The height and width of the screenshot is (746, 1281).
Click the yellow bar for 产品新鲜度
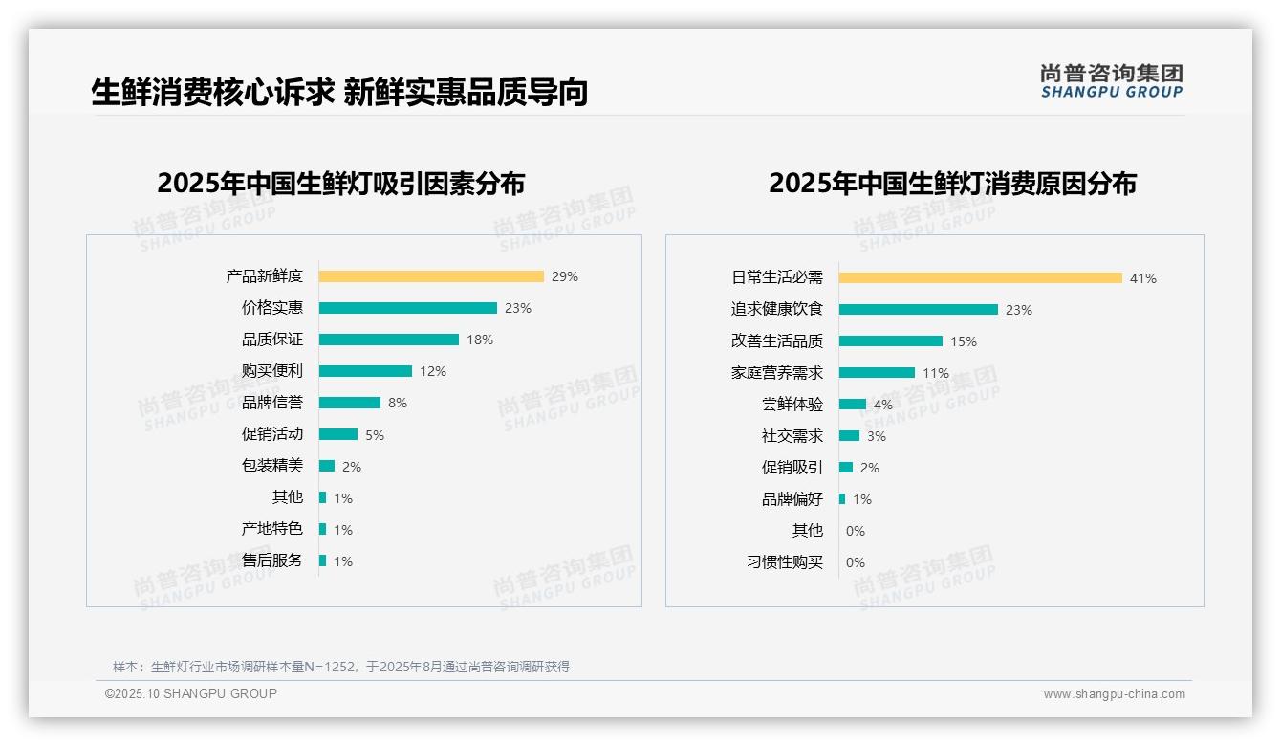tap(431, 276)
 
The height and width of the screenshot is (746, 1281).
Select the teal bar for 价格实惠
tap(408, 308)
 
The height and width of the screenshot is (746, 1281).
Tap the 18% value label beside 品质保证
tap(480, 340)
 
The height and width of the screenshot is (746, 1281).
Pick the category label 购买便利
tap(271, 371)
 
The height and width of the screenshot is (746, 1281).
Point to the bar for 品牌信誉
tap(350, 403)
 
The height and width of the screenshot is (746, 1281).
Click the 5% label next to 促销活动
tap(375, 435)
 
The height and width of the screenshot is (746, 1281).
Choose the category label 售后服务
tap(271, 560)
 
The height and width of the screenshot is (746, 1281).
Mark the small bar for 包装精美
tap(327, 466)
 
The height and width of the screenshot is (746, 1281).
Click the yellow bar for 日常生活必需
tap(981, 278)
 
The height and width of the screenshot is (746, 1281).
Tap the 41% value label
tap(1143, 278)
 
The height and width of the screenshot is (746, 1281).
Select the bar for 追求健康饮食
tap(919, 310)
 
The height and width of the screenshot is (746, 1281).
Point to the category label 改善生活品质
tap(776, 341)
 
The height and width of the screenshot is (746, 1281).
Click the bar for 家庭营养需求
tap(877, 373)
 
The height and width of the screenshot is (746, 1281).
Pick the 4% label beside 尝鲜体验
tap(883, 405)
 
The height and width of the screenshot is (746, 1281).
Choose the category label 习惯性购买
tap(784, 562)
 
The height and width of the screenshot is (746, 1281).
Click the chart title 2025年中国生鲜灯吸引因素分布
tap(341, 184)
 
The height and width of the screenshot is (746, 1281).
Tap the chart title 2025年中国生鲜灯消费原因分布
tap(952, 184)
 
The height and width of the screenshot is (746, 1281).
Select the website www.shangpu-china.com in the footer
tap(1114, 694)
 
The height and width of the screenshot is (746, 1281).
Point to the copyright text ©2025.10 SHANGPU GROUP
tap(191, 693)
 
